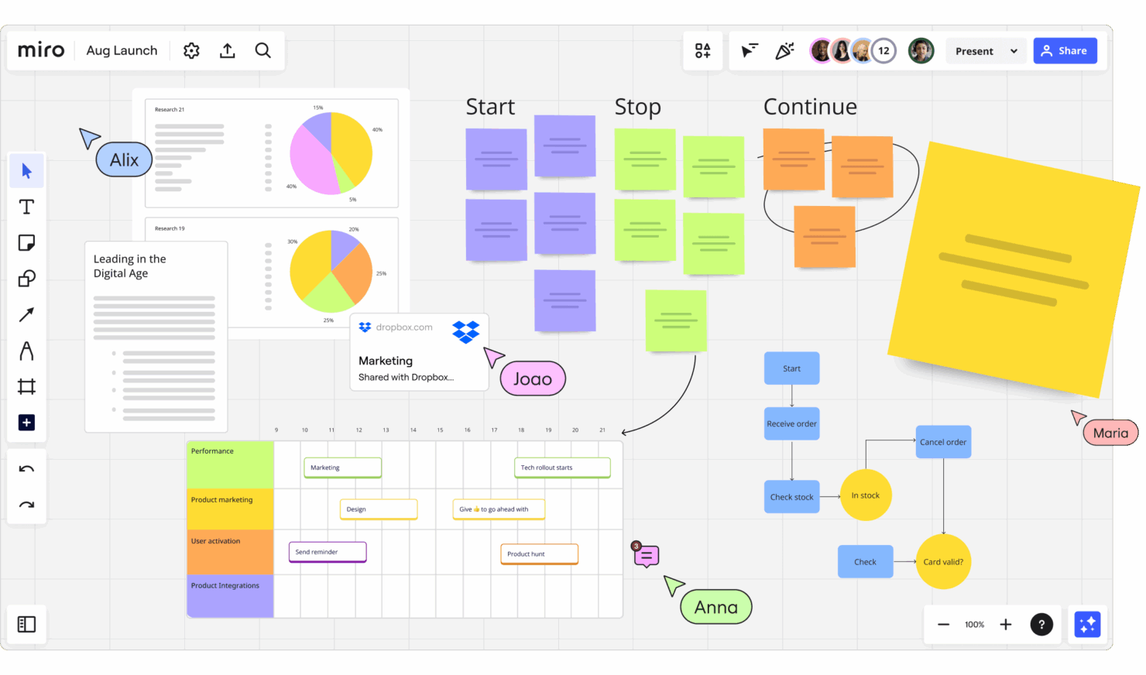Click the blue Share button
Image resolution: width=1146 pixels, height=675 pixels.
[1065, 51]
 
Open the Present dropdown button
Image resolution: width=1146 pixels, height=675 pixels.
[986, 51]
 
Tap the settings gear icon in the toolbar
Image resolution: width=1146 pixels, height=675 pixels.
[191, 51]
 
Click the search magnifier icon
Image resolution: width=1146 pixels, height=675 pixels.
[263, 51]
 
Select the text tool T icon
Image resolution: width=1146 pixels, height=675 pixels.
[26, 207]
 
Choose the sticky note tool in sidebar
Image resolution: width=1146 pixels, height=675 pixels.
[26, 243]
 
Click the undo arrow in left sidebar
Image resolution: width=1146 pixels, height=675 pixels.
[26, 469]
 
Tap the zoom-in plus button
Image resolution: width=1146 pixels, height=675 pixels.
[1005, 625]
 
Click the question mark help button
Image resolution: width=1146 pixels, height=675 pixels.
[1041, 625]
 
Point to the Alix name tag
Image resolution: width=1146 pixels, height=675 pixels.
[124, 160]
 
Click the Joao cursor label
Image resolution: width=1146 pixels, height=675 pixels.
[533, 379]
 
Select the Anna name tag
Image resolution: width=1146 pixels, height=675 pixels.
[715, 608]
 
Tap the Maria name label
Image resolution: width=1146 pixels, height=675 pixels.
[1110, 433]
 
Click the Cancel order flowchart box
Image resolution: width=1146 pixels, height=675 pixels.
[943, 442]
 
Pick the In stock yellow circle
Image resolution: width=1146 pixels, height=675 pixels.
[866, 495]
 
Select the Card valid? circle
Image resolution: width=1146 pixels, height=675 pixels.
[943, 562]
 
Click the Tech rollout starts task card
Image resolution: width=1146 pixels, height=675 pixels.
[562, 468]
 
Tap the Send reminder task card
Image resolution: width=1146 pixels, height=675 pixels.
[327, 552]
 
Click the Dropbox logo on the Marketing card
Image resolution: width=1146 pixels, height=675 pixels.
[466, 332]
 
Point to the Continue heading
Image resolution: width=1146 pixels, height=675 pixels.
[810, 107]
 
